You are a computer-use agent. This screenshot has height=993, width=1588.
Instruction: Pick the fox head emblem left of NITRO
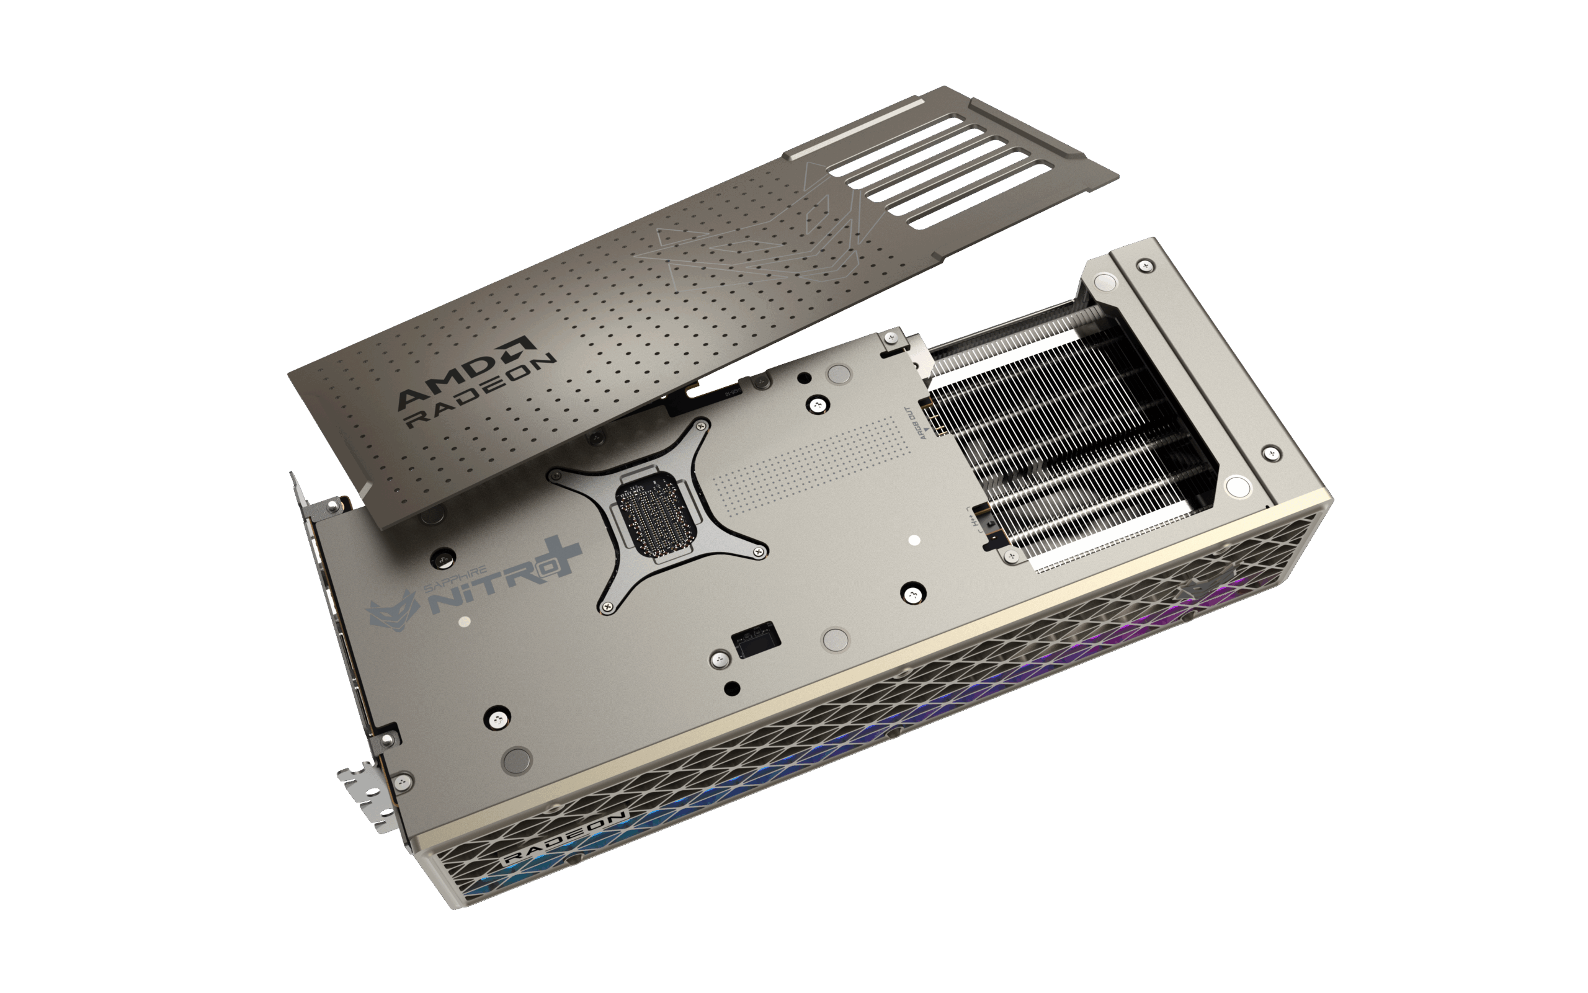tap(393, 611)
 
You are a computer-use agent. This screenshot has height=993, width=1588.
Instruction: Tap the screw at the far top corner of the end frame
tap(1148, 265)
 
